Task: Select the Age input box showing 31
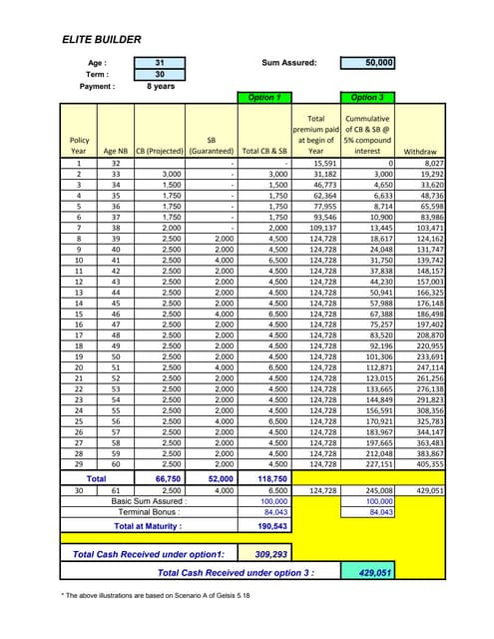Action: [x=160, y=63]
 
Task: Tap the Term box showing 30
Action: [x=160, y=75]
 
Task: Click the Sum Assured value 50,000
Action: [x=367, y=63]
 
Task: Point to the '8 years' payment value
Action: [x=160, y=87]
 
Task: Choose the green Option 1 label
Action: [x=263, y=98]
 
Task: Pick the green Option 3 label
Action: [x=367, y=98]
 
